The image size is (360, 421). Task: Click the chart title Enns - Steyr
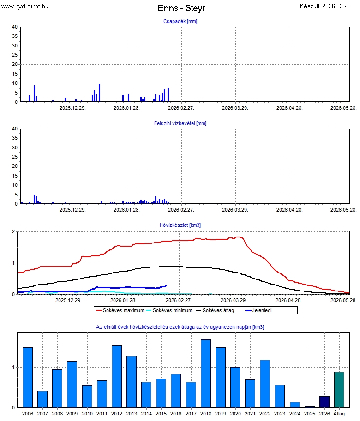tap(181, 8)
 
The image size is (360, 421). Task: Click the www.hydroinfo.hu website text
tap(25, 6)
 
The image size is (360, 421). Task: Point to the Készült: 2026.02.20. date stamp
tap(329, 6)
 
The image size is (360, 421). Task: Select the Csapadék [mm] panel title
tap(180, 22)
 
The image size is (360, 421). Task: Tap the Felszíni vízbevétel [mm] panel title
tap(180, 123)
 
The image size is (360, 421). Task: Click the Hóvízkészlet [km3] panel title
tap(180, 225)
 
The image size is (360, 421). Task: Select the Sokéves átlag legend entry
tap(218, 310)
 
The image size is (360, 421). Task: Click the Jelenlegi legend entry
tap(260, 310)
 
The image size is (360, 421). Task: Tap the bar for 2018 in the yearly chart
tap(206, 374)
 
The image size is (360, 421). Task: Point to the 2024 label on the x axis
tap(295, 414)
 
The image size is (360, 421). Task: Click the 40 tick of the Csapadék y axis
tap(15, 27)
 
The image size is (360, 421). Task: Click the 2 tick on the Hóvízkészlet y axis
tap(14, 231)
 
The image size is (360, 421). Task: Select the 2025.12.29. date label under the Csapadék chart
tap(72, 108)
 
